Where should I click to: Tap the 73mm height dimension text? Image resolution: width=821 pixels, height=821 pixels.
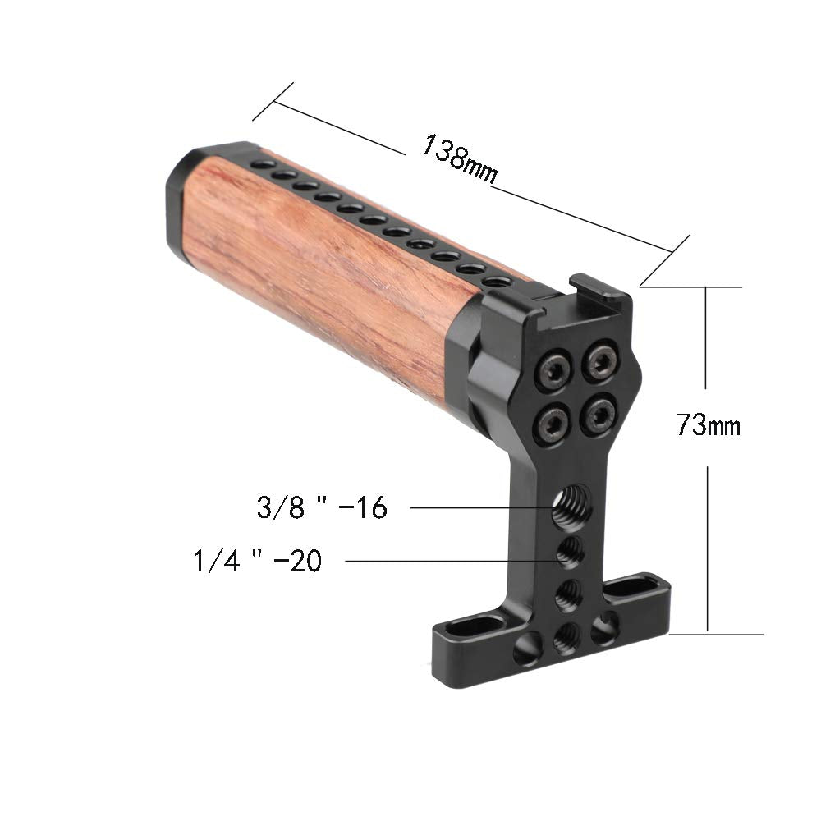[x=708, y=426]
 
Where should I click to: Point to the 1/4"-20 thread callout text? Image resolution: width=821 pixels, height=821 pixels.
[x=257, y=562]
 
